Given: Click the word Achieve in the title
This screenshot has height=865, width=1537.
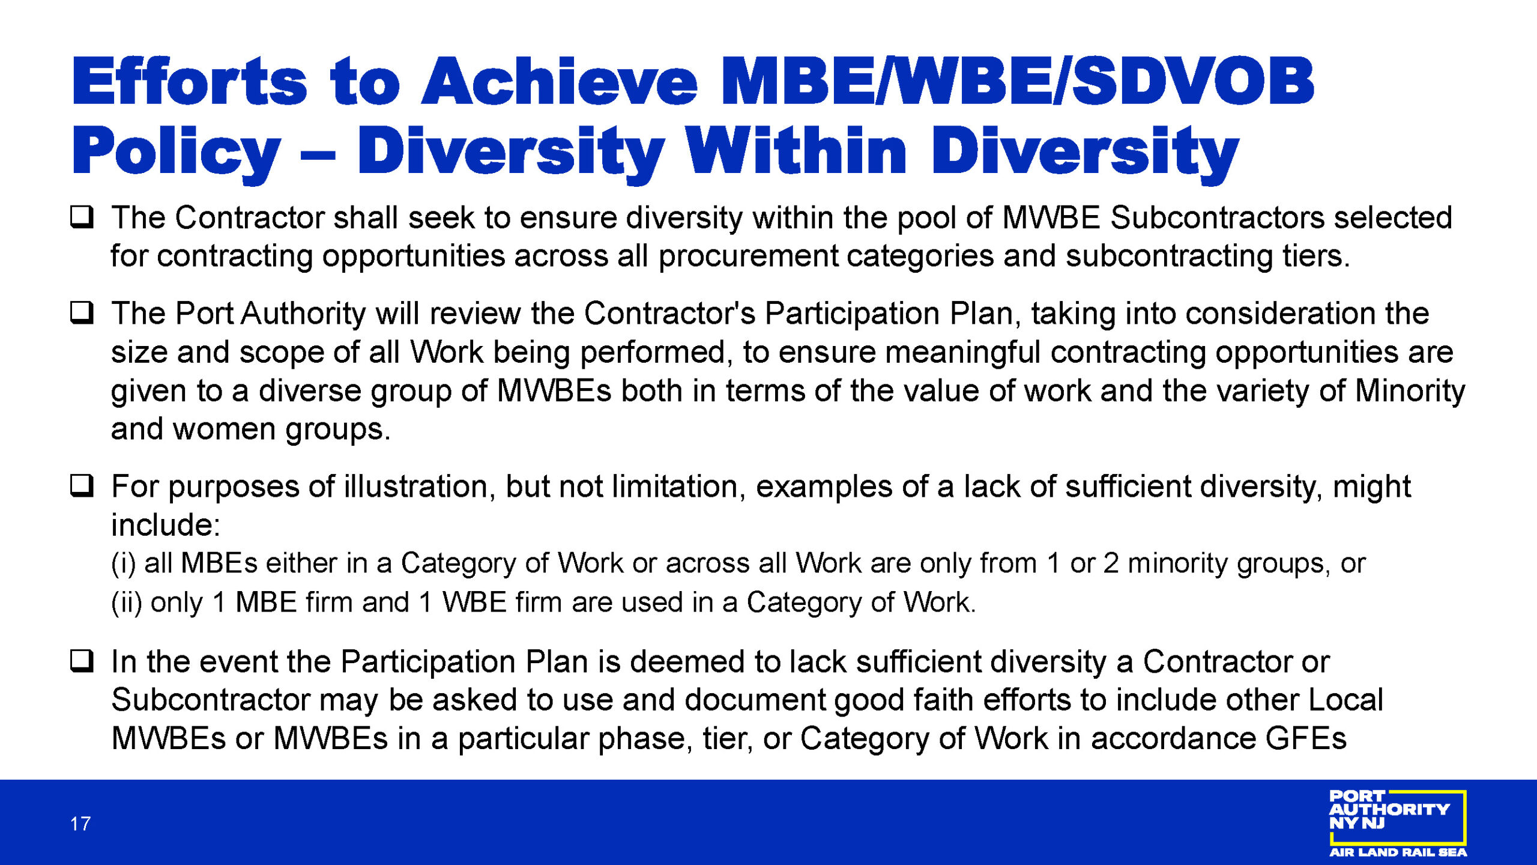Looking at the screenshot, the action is coord(560,81).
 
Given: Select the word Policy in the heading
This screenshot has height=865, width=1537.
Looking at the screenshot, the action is coord(176,151).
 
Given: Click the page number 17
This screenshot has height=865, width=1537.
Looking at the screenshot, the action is coord(80,824).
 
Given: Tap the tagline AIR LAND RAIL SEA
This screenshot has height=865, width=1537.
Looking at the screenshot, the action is coord(1398,852).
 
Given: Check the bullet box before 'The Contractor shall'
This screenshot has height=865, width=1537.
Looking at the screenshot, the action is coord(82,217).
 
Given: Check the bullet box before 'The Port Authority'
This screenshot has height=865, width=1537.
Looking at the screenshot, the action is coord(82,313).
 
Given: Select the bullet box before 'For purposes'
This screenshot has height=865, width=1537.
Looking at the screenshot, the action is coord(82,485).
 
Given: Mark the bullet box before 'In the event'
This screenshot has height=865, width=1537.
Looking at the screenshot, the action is coord(82,661).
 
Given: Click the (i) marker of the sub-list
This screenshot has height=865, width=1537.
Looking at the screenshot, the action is coord(124,564).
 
